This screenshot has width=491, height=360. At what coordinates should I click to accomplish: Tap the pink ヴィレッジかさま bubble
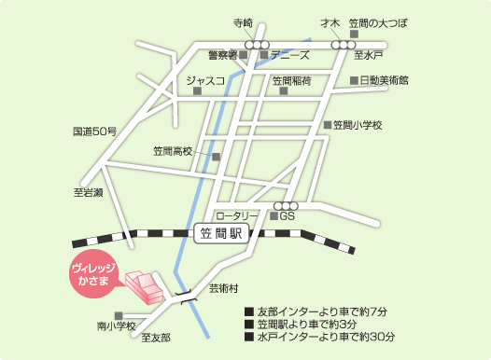coord(92,276)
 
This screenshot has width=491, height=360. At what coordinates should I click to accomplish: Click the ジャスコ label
coord(206,81)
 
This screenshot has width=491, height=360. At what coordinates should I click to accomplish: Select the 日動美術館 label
coord(384,81)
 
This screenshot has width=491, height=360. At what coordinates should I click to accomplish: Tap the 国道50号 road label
coord(94,132)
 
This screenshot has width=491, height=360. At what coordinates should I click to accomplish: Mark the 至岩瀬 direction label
coord(89,193)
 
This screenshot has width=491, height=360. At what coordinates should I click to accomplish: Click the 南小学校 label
coord(117,326)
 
